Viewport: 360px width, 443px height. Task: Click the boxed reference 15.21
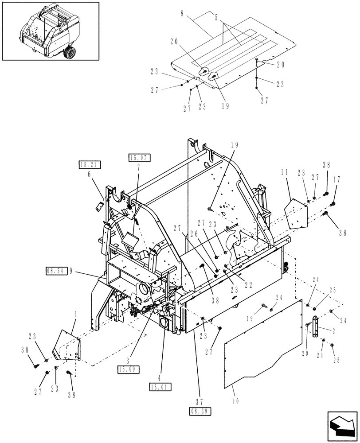tap(90, 165)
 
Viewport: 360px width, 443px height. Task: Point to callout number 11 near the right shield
tap(286, 172)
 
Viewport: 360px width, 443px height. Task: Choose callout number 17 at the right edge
tap(338, 180)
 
